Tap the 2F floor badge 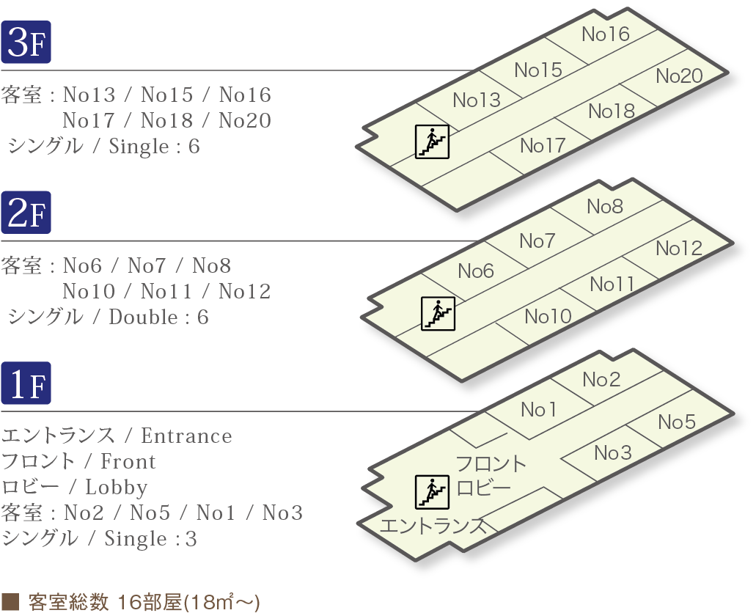click(x=26, y=213)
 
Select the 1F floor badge click(x=26, y=383)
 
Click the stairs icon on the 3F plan click(x=432, y=142)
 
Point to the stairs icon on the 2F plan click(x=438, y=313)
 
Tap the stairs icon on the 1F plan click(x=432, y=491)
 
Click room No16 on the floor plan click(x=606, y=34)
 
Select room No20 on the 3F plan click(x=679, y=76)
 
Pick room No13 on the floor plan click(x=477, y=100)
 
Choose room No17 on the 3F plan click(x=543, y=146)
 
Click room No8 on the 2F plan click(x=605, y=208)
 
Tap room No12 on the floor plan click(x=679, y=249)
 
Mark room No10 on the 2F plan click(x=548, y=317)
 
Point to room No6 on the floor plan click(x=477, y=271)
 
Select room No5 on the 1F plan click(x=676, y=422)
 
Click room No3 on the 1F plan click(x=613, y=453)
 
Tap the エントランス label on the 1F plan click(x=433, y=526)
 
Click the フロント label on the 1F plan click(x=491, y=464)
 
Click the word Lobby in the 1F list click(x=117, y=488)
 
